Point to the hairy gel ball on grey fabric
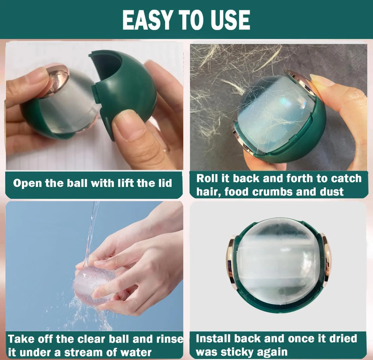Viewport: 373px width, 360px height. coord(275,115)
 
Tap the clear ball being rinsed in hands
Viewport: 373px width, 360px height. coord(92,283)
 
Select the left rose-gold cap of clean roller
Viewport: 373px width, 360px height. coord(232,262)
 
